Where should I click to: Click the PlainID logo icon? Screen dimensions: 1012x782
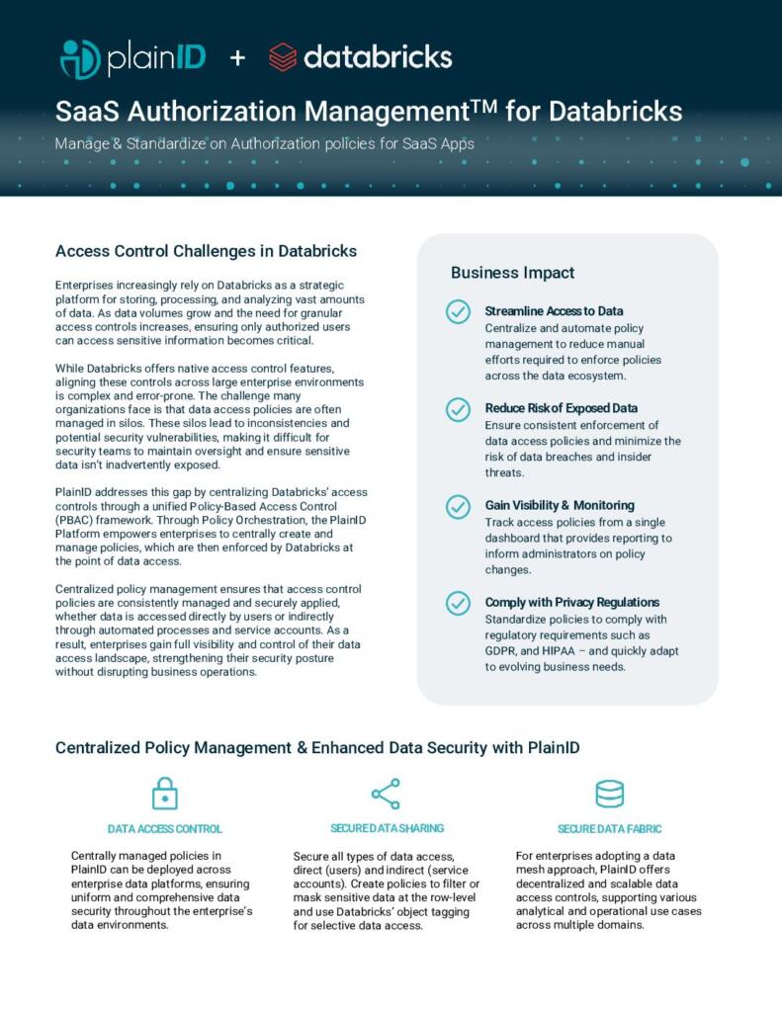80,58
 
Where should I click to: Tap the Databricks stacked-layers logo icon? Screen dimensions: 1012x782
283,57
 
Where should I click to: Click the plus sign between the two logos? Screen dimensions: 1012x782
237,58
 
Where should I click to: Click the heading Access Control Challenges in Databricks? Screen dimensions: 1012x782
206,251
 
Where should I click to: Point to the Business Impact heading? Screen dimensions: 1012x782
512,273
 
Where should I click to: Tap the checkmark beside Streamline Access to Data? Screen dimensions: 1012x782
458,311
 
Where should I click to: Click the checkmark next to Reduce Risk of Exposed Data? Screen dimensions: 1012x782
458,408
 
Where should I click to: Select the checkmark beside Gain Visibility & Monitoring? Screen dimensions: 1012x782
458,506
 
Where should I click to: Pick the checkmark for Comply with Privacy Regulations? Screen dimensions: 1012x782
458,603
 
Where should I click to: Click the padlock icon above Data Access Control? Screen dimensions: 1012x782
164,793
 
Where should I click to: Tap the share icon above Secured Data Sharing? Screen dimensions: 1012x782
386,793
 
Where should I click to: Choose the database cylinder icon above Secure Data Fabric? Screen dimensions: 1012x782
609,793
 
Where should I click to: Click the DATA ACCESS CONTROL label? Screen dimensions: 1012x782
164,829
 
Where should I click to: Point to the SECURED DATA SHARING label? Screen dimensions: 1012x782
387,828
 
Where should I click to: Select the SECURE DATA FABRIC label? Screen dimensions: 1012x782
609,829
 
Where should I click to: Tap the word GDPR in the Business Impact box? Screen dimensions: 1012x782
502,651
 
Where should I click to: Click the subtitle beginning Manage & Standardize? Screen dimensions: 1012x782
265,143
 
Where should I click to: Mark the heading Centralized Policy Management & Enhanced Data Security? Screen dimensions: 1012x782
316,748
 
